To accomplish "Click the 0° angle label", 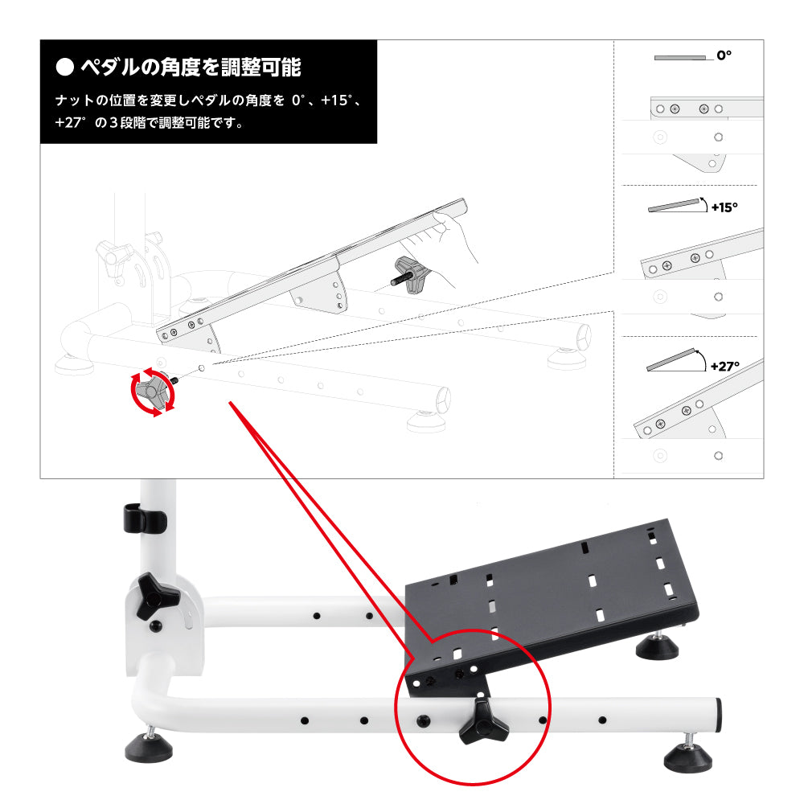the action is (724, 55).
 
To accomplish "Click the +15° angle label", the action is (724, 207).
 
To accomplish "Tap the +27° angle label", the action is (725, 366).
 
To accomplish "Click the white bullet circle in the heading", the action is (64, 67).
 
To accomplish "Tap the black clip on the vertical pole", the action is (144, 518).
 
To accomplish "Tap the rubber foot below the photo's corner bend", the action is (149, 748).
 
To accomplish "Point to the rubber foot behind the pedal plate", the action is (658, 648).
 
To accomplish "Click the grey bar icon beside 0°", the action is (680, 58).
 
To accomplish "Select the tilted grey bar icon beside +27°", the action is (671, 359).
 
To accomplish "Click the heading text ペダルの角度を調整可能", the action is (191, 68).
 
